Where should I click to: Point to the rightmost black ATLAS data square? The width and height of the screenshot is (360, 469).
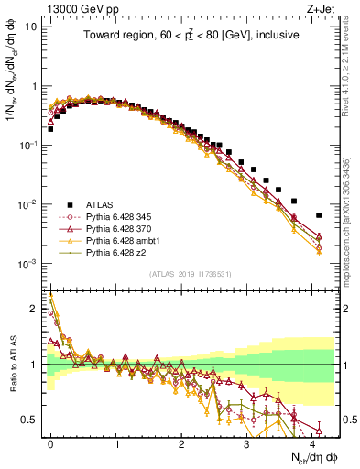point(319,215)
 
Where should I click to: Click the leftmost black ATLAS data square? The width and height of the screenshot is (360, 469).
point(50,129)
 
